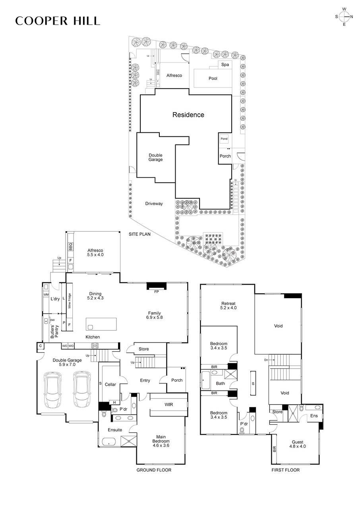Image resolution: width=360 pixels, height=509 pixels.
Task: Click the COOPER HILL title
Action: point(58,21)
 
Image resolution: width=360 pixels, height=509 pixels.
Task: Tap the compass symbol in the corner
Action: point(344,16)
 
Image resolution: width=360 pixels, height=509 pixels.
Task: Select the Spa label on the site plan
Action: point(225,64)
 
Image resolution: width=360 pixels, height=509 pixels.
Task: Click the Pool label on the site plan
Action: point(213,78)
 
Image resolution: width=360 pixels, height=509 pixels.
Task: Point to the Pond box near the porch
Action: point(224,139)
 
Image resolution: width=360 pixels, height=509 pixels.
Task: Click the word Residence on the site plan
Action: point(188,115)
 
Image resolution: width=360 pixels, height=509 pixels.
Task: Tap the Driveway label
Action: point(154,204)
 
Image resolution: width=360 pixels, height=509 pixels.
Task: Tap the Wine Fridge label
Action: point(69,301)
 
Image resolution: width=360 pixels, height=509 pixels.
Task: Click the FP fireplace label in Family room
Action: point(156,291)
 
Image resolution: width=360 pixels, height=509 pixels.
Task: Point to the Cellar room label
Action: point(110,385)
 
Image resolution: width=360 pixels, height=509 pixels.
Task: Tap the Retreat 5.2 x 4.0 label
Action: point(228,305)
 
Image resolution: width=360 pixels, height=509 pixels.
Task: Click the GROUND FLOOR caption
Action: point(154,470)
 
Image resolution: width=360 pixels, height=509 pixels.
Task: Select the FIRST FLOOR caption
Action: point(285,470)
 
